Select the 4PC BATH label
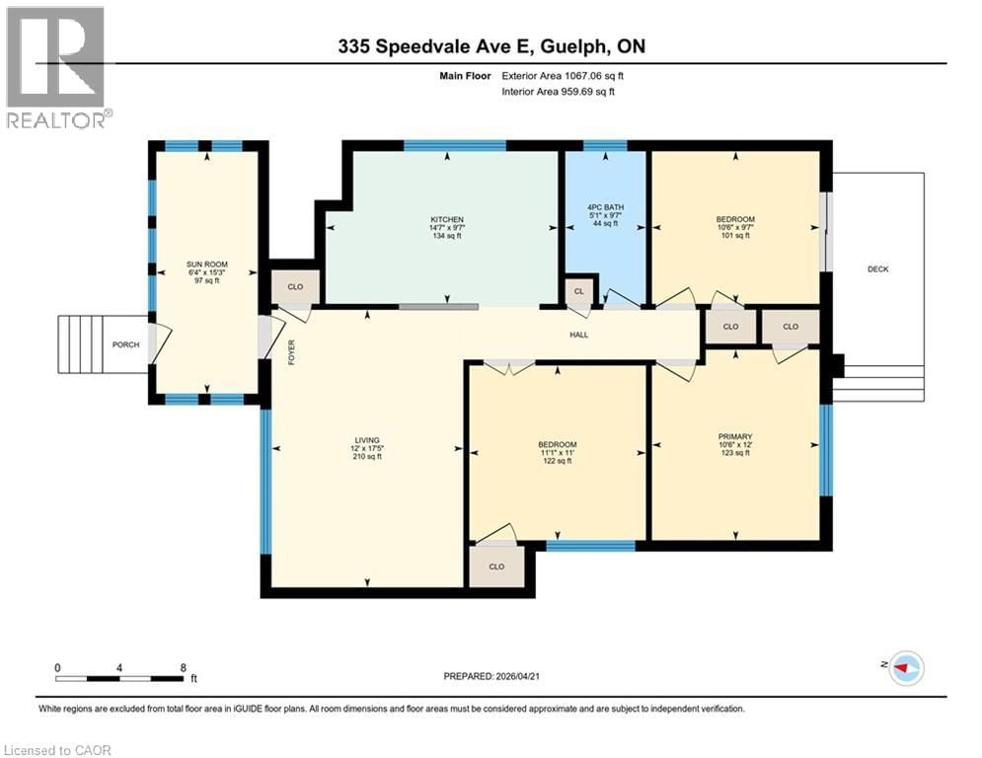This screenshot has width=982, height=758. tap(604, 206)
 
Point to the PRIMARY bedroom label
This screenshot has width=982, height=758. tap(735, 436)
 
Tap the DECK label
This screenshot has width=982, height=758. tap(877, 269)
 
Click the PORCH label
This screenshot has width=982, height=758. tap(126, 344)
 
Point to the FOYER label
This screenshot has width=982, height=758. tap(291, 352)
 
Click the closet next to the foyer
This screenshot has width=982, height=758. tap(295, 286)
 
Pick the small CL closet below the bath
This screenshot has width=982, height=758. tap(578, 290)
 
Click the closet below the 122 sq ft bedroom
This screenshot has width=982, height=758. tap(496, 567)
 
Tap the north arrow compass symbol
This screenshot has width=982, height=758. tap(905, 668)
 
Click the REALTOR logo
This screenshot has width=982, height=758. tap(56, 66)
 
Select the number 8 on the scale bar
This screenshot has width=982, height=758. tap(184, 667)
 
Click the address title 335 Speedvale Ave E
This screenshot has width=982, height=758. tap(491, 46)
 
